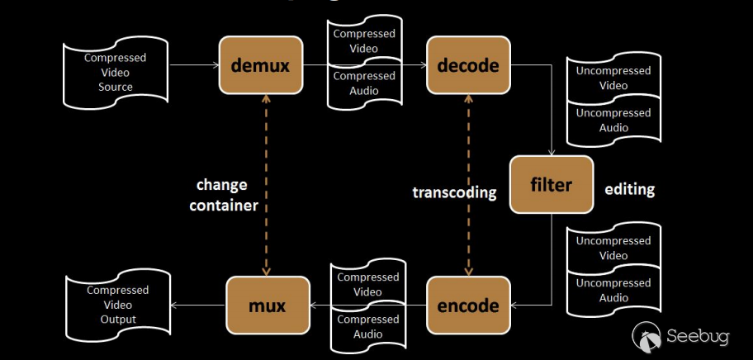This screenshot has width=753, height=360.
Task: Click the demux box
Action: (260, 64)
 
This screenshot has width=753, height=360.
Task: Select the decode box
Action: (468, 64)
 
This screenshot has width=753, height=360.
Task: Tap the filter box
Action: (552, 184)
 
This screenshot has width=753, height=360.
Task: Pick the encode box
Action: (468, 306)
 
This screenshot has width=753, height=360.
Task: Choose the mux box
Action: (268, 306)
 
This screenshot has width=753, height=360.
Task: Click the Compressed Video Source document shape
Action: (115, 73)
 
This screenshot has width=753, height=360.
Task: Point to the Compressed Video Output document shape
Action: (118, 305)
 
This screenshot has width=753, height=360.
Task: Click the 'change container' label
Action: (224, 195)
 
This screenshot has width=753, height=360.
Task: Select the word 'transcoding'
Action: (454, 192)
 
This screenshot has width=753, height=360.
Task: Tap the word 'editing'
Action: (629, 189)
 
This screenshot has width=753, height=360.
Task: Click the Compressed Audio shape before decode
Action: (364, 84)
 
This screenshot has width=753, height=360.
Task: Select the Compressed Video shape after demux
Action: (364, 41)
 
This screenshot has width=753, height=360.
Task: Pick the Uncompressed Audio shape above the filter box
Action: (613, 121)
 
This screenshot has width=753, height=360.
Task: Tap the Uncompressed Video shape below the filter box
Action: (613, 248)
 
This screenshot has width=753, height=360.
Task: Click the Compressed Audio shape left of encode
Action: (367, 326)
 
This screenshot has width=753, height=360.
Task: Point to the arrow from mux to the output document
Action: (198, 306)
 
